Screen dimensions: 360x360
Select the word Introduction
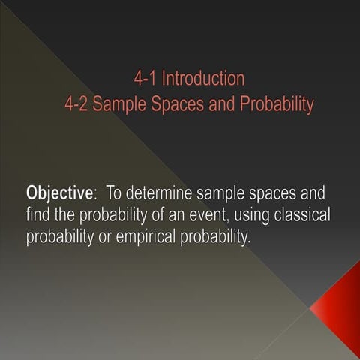pos(203,78)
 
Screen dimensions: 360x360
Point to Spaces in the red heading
pos(178,103)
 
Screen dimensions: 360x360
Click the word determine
pos(163,193)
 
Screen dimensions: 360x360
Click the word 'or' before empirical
pos(102,238)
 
